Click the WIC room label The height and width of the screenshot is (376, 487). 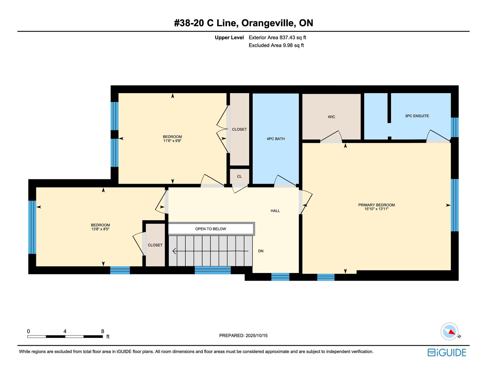331,117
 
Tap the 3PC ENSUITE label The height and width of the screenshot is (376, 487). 417,116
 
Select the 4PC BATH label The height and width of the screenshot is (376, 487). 276,139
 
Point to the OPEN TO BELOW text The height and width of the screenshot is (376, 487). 210,229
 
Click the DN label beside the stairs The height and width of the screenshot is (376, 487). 261,251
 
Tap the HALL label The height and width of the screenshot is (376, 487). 275,210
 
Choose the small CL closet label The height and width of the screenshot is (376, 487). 239,176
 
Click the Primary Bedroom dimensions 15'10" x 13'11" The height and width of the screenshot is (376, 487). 376,209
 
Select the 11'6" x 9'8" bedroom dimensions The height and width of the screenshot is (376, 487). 172,141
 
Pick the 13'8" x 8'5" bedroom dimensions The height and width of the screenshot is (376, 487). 100,229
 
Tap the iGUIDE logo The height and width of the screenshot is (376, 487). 447,352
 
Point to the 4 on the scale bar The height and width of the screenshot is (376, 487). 65,331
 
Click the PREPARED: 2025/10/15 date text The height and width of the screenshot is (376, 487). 243,335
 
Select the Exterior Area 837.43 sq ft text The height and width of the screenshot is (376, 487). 277,38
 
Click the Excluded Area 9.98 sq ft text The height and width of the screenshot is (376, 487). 276,46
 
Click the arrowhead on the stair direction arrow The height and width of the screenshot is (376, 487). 174,251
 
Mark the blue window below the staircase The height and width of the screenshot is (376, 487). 212,270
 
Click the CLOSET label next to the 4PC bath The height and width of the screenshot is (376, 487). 239,129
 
